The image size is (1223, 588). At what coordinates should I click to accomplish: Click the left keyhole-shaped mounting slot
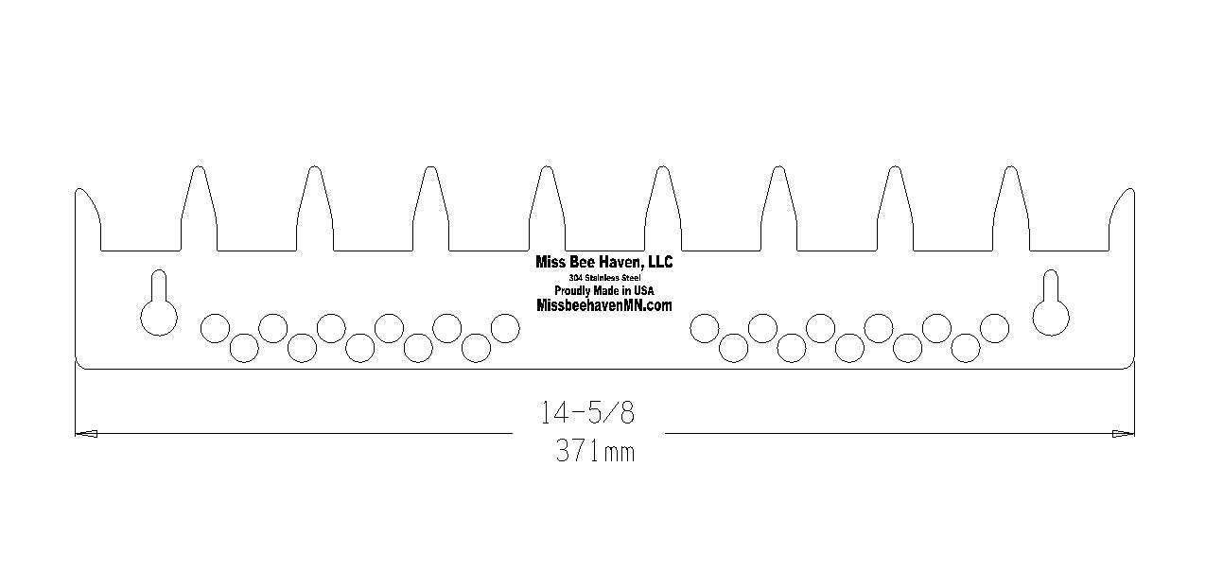(x=158, y=307)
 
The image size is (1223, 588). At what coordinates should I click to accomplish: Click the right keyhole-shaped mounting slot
(x=1050, y=307)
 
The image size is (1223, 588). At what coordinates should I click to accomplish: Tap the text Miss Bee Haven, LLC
(x=604, y=262)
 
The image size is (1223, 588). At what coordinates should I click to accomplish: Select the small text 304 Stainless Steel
(x=604, y=277)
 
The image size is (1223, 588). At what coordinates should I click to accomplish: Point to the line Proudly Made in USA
(x=604, y=290)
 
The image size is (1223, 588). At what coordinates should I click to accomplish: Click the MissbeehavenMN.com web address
(x=604, y=305)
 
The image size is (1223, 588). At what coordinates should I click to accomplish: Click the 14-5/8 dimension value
(x=586, y=412)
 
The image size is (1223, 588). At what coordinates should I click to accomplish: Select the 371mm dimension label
(x=595, y=452)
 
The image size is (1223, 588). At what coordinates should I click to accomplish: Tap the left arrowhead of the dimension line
(x=85, y=434)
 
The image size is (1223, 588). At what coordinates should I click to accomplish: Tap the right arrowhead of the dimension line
(x=1124, y=434)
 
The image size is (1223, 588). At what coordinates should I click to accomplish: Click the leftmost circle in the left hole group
(x=215, y=328)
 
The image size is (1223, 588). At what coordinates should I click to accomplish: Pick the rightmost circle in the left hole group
(x=505, y=328)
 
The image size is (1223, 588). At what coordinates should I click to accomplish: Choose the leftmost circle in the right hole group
(x=704, y=328)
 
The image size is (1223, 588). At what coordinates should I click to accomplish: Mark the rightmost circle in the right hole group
(x=994, y=328)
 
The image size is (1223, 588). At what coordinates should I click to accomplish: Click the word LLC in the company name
(x=659, y=262)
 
